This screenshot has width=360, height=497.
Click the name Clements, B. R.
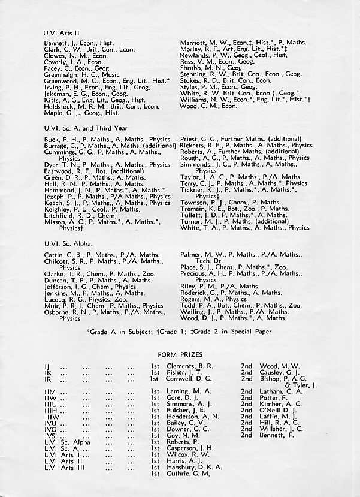189,366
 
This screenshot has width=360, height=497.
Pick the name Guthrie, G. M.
188,474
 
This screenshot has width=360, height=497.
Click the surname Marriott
193,43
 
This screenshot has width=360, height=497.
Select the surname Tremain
193,209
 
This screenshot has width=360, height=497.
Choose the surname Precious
193,273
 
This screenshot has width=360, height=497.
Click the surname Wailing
192,312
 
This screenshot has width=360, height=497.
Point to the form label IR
47,379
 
